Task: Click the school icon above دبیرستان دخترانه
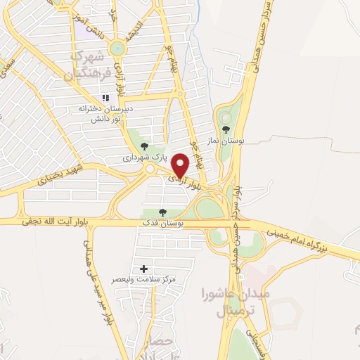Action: [x=105, y=98]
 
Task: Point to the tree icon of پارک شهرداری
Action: [x=144, y=146]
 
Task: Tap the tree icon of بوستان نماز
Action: [x=226, y=129]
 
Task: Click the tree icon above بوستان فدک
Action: [x=163, y=212]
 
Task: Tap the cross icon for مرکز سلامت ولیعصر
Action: [x=144, y=269]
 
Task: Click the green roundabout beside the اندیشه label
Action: [x=116, y=48]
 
